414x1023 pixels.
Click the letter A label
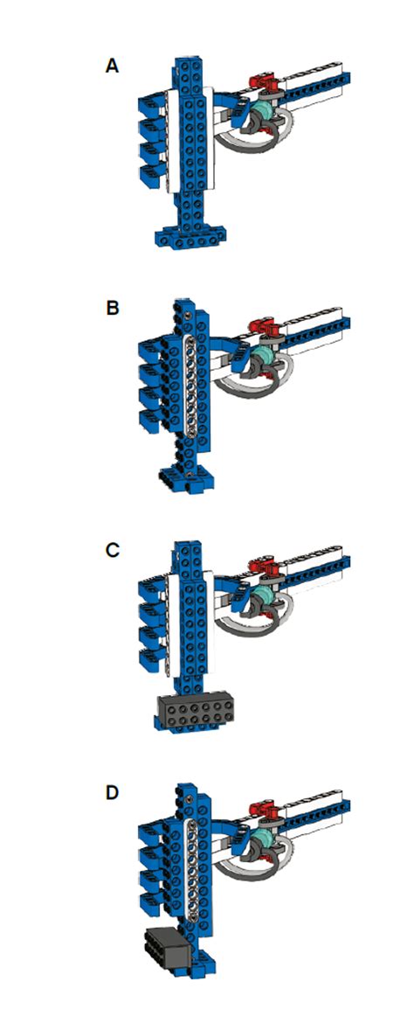[111, 66]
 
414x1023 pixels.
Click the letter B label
[111, 308]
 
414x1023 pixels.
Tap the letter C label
[112, 551]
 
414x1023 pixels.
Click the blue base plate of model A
[190, 235]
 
